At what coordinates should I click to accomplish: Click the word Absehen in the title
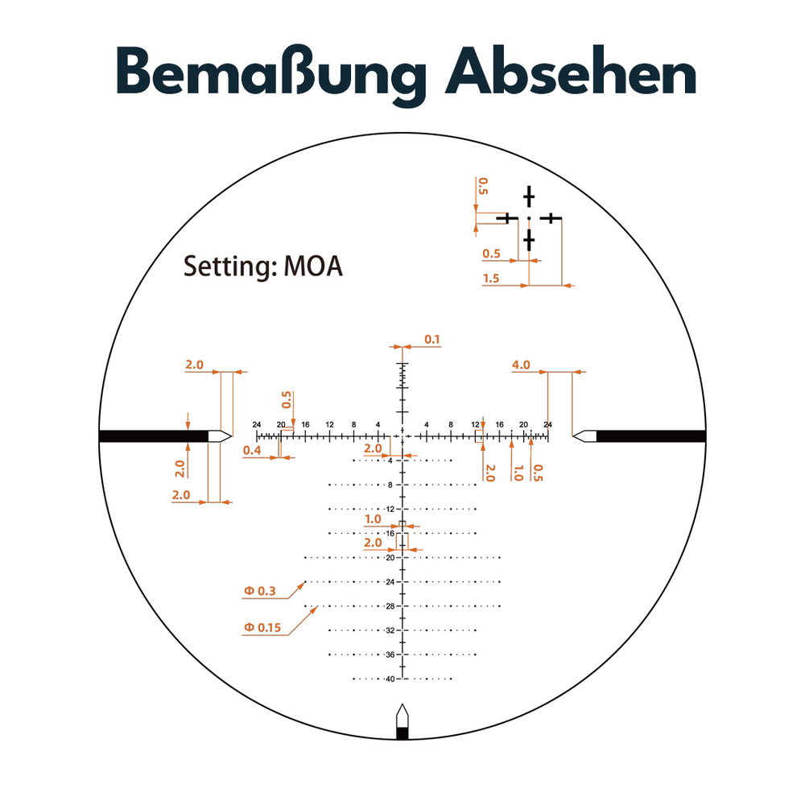coord(571,72)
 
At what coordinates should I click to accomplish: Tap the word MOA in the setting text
coord(313,266)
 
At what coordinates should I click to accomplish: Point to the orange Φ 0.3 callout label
coord(260,591)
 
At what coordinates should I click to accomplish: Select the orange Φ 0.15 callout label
coord(262,627)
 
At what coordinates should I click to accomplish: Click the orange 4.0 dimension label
coord(521,365)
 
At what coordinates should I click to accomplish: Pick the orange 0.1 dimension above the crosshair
coord(431,339)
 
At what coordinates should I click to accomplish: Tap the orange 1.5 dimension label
coord(491,279)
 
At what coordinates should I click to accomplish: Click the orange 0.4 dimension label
coord(251,450)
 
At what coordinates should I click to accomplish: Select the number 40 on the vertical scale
coord(390,679)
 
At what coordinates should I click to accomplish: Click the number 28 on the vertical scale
coord(390,606)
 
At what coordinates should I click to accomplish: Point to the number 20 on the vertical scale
coord(390,558)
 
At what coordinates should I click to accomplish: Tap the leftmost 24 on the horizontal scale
coord(257,424)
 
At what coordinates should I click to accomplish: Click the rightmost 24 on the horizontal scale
coord(547,424)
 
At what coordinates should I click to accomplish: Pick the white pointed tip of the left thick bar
coord(232,436)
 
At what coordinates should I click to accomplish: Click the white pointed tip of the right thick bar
coord(573,436)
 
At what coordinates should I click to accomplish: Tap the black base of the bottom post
coord(402,733)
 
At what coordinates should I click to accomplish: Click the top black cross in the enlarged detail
coord(529,196)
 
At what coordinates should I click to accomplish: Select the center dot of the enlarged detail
coord(529,219)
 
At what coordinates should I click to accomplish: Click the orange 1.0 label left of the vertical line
coord(373,519)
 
